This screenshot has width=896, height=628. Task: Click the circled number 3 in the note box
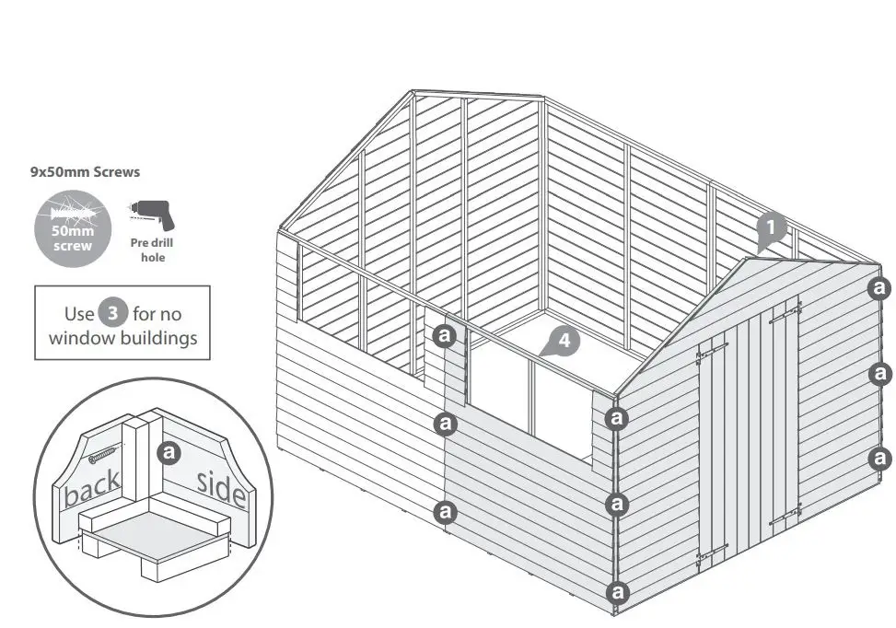coord(112,313)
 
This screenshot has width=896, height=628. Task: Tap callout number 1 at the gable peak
coord(772,227)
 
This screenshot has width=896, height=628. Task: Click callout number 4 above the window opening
coord(564,341)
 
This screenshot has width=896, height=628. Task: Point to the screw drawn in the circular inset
coord(104,454)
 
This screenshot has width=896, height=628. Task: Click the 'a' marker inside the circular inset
coord(169,452)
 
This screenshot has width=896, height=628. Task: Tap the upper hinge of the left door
coord(712,349)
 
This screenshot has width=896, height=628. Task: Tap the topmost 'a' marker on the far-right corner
coord(880,288)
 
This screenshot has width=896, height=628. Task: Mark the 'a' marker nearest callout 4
coord(446,335)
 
